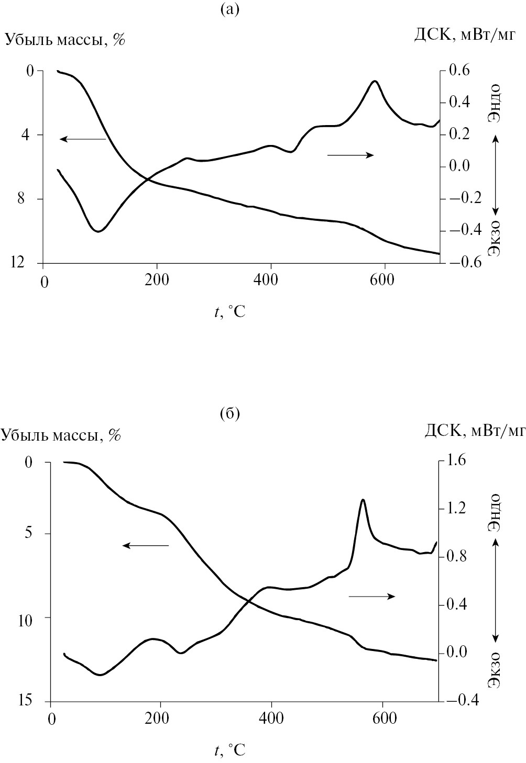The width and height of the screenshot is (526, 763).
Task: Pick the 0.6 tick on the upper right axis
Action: tap(459, 70)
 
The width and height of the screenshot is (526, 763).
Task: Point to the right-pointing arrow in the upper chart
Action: tap(350, 154)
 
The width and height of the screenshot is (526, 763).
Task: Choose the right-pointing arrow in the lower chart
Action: tap(371, 596)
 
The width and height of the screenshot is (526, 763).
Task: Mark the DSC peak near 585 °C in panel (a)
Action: tap(375, 81)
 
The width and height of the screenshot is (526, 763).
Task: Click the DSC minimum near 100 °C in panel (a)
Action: tap(98, 231)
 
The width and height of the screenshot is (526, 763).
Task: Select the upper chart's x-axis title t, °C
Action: tap(229, 312)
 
